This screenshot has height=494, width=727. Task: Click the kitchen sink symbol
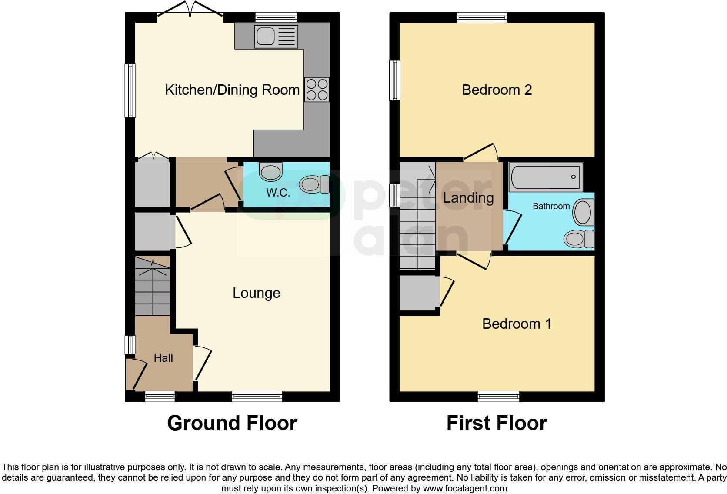(277, 36)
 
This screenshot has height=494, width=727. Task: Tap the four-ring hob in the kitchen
(317, 90)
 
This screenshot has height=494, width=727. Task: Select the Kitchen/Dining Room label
(232, 90)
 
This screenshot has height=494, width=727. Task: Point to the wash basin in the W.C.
(270, 171)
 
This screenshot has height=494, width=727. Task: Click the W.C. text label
(278, 193)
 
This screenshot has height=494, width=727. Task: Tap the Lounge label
(256, 293)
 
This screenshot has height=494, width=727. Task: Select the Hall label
(163, 358)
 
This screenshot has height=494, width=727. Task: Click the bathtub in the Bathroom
(545, 177)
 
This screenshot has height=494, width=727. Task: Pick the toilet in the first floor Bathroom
(579, 239)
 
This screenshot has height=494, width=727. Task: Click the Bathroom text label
(551, 206)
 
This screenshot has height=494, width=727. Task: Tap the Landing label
(468, 198)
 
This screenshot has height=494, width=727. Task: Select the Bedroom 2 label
(497, 90)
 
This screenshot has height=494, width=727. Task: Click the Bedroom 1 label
(517, 324)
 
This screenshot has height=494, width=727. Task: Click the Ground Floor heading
(232, 423)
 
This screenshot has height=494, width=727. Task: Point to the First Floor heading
(496, 423)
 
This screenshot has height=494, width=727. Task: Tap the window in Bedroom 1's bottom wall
(498, 396)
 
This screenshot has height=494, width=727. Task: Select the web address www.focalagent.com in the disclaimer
(464, 488)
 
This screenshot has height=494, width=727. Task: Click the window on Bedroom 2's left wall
(395, 80)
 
